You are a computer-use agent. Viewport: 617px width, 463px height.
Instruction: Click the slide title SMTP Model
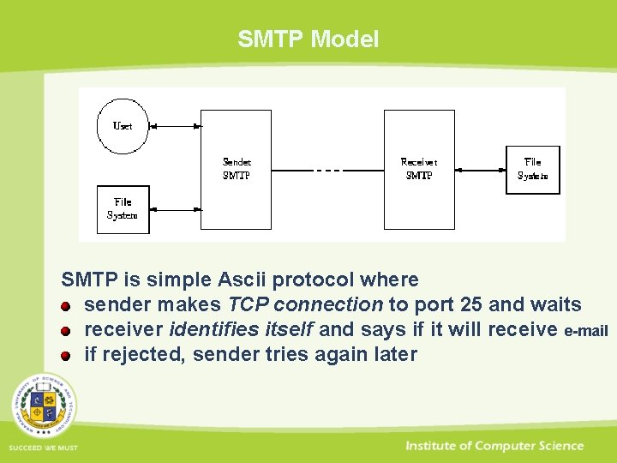click(308, 39)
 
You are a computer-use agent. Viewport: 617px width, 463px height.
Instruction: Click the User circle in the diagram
click(123, 126)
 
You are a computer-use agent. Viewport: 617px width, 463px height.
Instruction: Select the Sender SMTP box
click(237, 169)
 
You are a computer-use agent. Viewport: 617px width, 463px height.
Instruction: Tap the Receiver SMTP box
click(418, 169)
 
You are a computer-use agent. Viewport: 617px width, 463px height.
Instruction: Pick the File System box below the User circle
click(123, 209)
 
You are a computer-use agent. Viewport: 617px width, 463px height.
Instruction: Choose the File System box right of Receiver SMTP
click(532, 169)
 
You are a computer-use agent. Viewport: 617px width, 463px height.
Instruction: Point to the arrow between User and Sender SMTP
click(175, 127)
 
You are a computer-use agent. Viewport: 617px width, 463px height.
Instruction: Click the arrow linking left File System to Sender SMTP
click(175, 209)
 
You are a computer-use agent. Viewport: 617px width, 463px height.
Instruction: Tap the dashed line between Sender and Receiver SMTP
click(327, 170)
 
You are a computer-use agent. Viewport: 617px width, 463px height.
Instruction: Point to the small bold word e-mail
click(586, 331)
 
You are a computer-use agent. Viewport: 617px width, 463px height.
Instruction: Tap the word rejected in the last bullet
click(143, 355)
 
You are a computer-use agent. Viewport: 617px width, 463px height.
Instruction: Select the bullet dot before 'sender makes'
click(66, 306)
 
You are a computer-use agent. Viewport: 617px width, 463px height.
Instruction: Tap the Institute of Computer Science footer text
click(494, 446)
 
